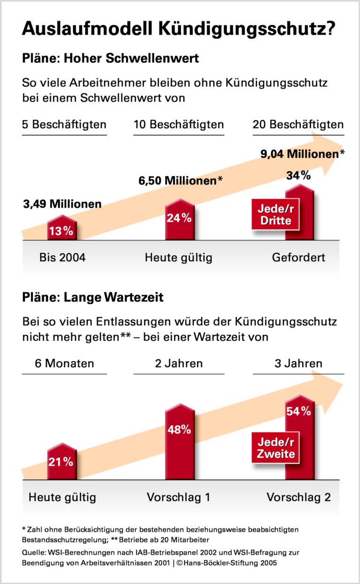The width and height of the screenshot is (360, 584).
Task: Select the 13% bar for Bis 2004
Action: point(62,228)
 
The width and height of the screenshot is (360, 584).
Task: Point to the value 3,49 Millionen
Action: point(62,204)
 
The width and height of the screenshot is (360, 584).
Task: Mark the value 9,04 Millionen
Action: point(300,153)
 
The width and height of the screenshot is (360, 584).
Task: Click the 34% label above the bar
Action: point(299,175)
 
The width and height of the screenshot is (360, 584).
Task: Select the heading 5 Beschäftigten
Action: point(64,125)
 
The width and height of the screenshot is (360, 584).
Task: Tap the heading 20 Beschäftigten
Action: point(298,125)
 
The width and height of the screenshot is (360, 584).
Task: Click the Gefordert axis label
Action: point(299,258)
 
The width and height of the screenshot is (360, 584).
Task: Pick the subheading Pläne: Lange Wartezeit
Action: point(93,297)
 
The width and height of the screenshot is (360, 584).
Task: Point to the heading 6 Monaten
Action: point(65,364)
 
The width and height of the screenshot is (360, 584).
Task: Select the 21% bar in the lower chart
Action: point(62,462)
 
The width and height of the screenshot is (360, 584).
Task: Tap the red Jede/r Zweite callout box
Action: point(276,448)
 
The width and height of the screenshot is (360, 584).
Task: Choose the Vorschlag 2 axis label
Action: point(299,497)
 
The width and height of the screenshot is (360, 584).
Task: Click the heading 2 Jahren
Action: point(179,364)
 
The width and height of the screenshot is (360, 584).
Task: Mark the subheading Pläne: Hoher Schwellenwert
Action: point(111,59)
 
